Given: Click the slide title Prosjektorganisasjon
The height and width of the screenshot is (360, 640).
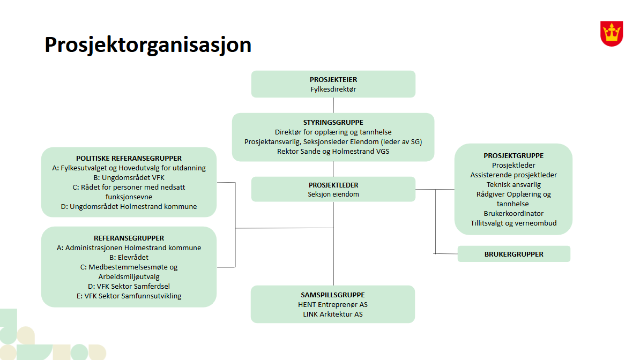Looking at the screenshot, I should (148, 45).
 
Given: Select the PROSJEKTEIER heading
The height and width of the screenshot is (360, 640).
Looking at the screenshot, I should (333, 80).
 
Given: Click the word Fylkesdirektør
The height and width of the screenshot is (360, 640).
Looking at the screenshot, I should (333, 89).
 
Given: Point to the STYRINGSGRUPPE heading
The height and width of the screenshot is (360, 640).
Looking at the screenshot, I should (333, 123).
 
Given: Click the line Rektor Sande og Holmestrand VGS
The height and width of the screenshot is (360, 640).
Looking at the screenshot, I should (333, 152).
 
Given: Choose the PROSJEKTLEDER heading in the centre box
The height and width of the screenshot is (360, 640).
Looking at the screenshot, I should (333, 185).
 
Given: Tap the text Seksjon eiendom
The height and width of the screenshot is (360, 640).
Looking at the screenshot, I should (333, 194).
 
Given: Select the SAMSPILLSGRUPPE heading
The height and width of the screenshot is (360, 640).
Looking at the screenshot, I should (333, 295).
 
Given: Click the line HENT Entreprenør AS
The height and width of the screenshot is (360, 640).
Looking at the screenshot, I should (333, 305).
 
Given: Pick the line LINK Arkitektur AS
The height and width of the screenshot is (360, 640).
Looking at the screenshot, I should (333, 314).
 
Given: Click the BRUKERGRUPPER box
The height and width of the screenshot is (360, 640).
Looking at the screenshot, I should (514, 254).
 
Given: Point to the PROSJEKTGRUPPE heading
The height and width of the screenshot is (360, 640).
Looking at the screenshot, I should (514, 156).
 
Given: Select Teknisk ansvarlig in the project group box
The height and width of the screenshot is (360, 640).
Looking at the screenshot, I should (514, 185).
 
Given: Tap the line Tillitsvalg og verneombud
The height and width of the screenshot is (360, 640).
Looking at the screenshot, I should (514, 223).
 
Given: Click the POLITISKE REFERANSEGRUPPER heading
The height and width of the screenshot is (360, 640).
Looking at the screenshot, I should (129, 159).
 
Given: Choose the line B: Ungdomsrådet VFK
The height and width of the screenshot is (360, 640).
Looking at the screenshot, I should (129, 177).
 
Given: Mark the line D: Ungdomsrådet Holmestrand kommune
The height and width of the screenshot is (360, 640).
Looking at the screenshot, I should (129, 207).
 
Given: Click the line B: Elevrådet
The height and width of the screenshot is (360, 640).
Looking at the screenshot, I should (129, 258).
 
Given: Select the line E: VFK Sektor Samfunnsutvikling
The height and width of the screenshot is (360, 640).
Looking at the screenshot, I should (129, 296).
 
